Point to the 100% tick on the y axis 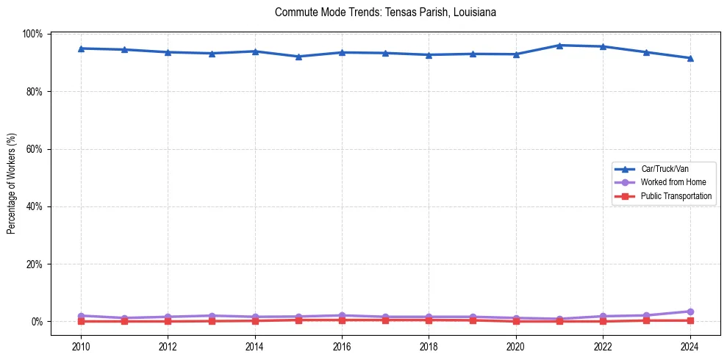[x=33, y=34]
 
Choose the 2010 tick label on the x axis [x=81, y=346]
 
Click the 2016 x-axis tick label [x=342, y=346]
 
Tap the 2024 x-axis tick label [x=690, y=346]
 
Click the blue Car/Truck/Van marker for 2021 [x=559, y=46]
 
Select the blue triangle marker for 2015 [x=298, y=57]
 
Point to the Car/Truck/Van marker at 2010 [x=81, y=48]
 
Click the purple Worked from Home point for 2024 [x=690, y=312]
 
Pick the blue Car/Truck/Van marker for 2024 [x=690, y=58]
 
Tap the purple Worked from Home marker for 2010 [x=81, y=316]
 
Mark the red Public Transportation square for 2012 [x=168, y=321]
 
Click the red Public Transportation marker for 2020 [x=516, y=321]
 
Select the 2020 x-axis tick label [x=516, y=346]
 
